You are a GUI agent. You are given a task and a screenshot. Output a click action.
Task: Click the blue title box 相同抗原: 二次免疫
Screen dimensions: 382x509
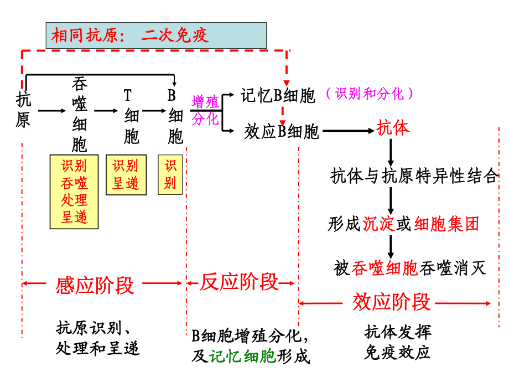point(156,35)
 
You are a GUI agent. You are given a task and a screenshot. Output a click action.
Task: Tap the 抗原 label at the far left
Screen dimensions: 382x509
point(23,110)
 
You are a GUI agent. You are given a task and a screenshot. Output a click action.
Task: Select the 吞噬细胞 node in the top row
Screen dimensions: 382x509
point(80,115)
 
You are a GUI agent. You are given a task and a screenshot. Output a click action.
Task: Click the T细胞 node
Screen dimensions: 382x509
point(131,116)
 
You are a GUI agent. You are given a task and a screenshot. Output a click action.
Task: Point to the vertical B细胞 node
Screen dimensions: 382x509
point(175,116)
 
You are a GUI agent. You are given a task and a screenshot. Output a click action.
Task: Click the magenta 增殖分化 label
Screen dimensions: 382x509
point(205,110)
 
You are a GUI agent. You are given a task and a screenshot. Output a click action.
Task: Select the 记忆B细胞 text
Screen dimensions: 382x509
point(278,95)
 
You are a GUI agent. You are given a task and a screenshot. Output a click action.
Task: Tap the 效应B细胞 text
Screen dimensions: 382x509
point(282,131)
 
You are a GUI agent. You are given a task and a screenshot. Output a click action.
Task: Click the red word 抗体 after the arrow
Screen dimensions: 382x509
point(393,128)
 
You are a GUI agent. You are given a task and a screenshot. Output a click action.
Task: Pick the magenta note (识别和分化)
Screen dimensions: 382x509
point(370,94)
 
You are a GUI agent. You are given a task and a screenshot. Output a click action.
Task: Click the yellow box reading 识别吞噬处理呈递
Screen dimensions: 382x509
point(74,191)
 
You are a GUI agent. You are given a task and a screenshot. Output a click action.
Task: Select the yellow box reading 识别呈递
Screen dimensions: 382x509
point(126,174)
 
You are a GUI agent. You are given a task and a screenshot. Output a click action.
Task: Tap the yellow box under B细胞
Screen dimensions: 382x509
point(170,174)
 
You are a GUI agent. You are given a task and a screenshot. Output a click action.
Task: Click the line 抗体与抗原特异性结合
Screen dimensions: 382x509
point(414,177)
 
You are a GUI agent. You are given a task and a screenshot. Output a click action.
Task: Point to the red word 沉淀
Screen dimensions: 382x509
point(379,224)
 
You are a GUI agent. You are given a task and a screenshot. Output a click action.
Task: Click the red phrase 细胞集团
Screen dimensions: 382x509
point(446,224)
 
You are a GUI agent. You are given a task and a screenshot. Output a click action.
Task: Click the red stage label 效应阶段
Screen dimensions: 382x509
point(391,302)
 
